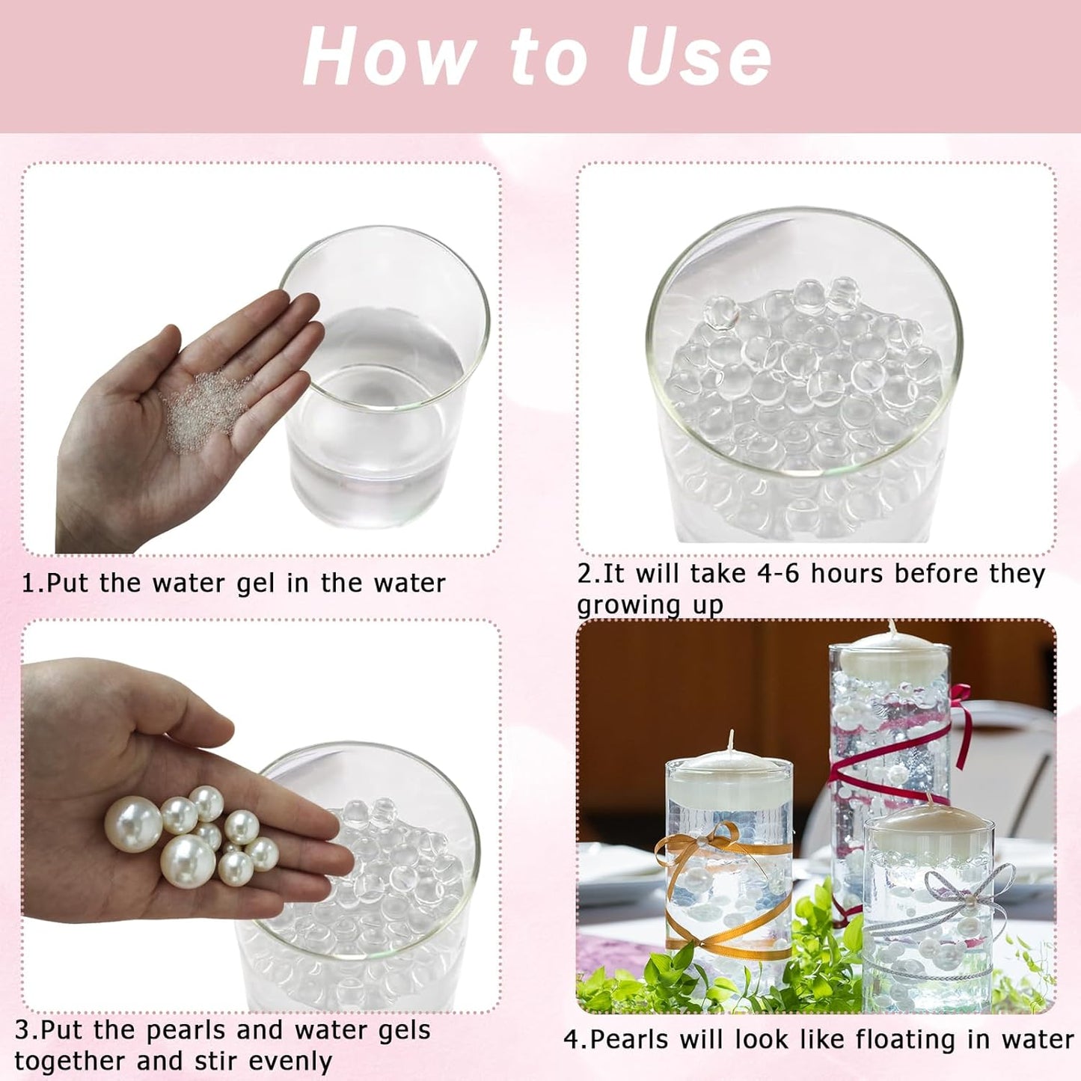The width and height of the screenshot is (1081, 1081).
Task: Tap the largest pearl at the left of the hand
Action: coord(133,824)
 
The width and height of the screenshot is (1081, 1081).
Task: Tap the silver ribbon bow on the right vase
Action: coord(965,886)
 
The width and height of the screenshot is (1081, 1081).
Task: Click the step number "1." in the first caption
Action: coord(33,584)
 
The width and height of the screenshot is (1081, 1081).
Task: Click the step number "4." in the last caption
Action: coord(576,1039)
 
